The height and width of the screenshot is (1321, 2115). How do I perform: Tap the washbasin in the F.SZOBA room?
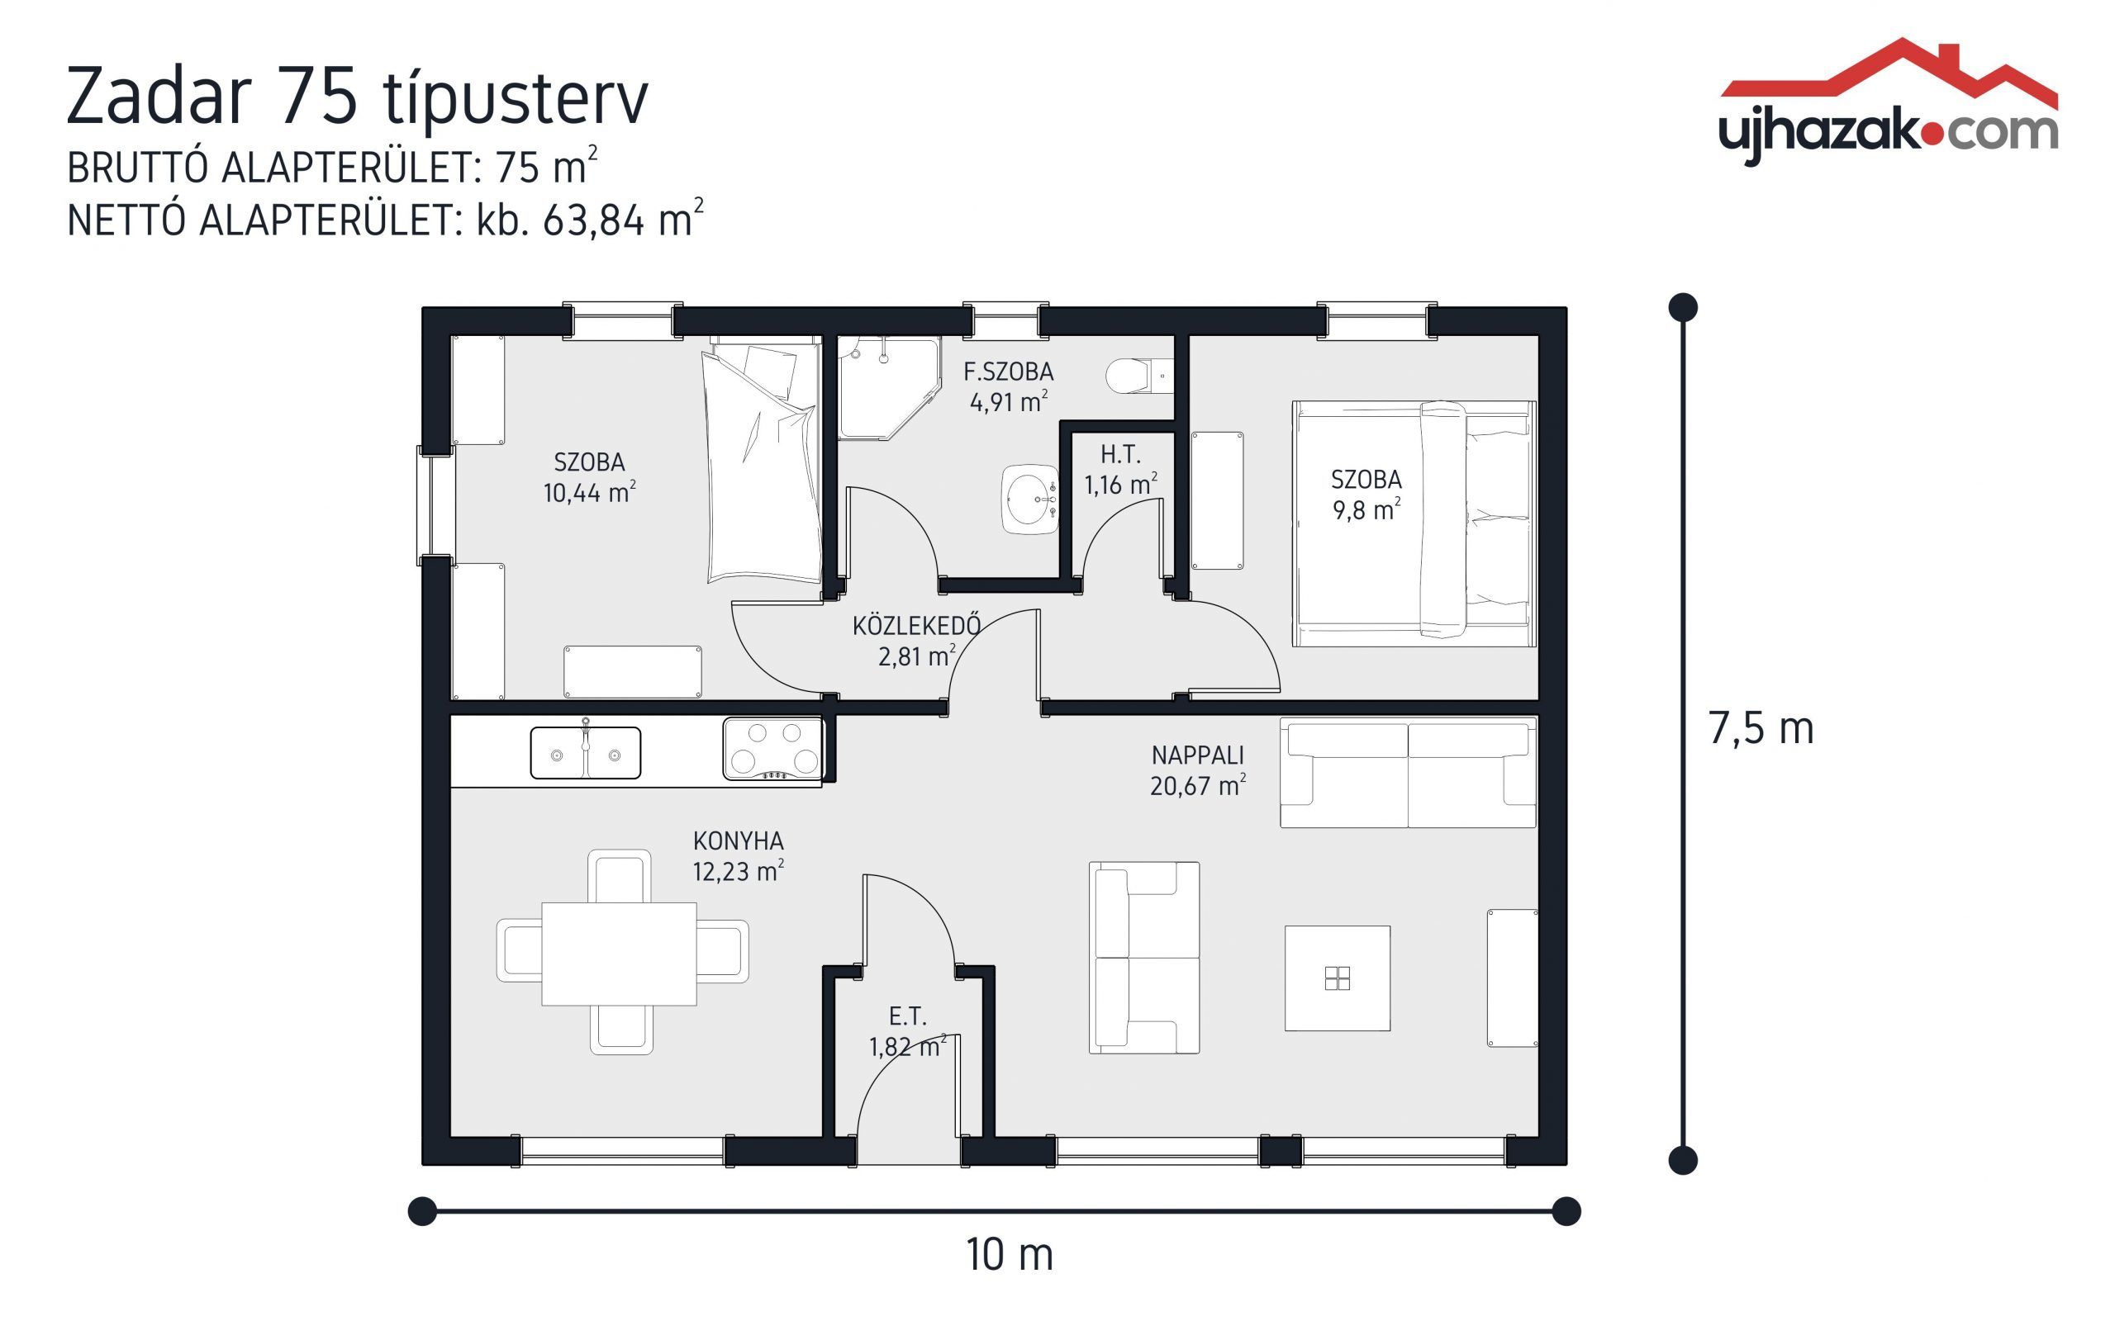[1029, 499]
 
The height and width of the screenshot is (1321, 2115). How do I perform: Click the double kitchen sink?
[585, 752]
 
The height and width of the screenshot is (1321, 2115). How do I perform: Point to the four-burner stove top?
[772, 748]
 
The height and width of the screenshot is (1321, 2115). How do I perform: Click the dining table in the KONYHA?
[619, 953]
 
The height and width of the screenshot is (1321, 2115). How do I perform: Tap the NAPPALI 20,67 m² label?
[1196, 769]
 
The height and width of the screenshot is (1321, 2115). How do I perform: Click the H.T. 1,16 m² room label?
[1119, 469]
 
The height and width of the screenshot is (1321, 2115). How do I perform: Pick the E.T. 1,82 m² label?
[907, 1030]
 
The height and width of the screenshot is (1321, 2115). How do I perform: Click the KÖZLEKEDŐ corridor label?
[916, 640]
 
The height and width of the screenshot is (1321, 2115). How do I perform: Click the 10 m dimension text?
[1009, 1255]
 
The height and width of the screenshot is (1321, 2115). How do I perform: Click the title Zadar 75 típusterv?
[358, 95]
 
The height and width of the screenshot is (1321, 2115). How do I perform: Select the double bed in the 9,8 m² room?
[1414, 523]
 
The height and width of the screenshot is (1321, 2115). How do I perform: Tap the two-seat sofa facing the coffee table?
[1143, 957]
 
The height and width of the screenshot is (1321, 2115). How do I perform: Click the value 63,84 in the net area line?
[593, 220]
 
